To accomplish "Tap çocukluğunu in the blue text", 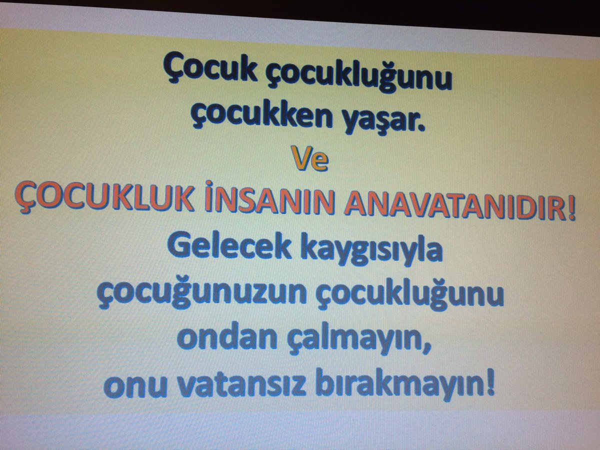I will coord(409,297).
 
